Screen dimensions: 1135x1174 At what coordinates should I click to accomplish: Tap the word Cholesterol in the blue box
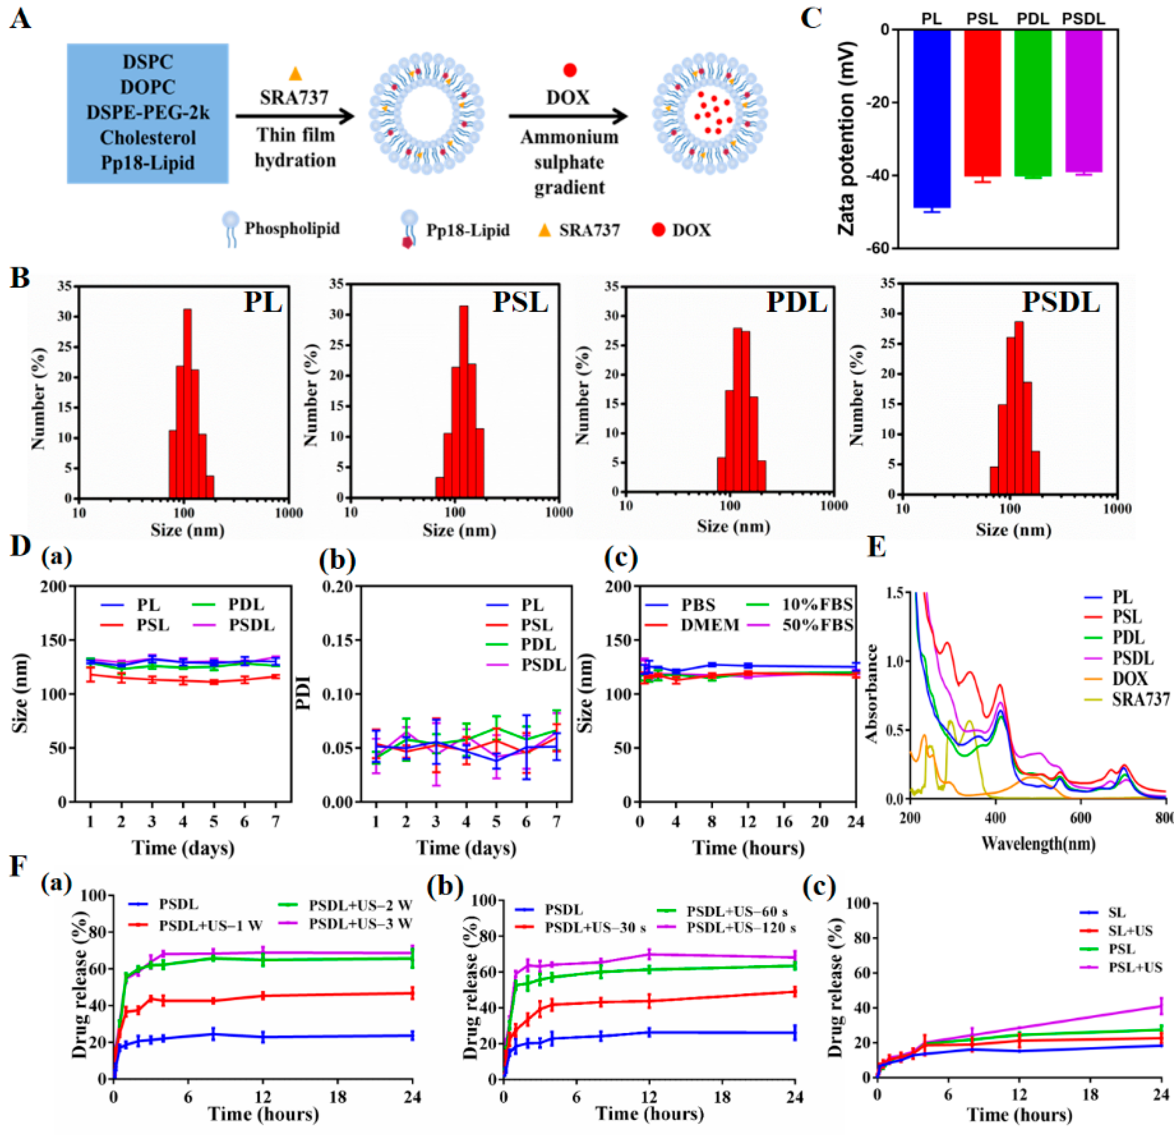point(147,138)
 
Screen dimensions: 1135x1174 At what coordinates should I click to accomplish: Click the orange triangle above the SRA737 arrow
point(295,74)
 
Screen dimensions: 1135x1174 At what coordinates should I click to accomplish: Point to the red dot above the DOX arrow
point(569,71)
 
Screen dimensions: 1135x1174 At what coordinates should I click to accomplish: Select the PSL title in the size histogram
point(520,302)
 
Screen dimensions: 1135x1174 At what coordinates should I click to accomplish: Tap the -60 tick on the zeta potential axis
point(877,248)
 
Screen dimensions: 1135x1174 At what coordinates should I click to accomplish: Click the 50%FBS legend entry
point(817,625)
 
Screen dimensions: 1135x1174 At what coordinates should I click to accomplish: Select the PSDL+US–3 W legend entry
point(360,923)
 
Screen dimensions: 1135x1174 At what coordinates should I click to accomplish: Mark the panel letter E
point(876,546)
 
